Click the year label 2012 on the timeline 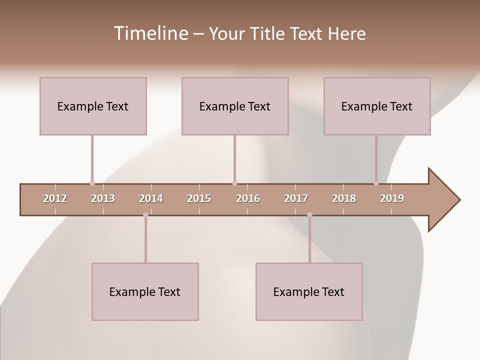coord(55,198)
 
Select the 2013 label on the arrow coord(103,198)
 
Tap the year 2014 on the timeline coord(151,198)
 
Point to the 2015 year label coord(199,198)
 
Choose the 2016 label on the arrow coord(248,198)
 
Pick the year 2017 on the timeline coord(296,198)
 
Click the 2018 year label coord(344,198)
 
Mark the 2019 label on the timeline coord(392,198)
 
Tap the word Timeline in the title coord(150,33)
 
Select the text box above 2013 coord(93,106)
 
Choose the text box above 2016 coord(235,106)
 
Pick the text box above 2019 coord(377,106)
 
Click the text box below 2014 coord(145,291)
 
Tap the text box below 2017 coord(309,291)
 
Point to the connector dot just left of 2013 coord(92,183)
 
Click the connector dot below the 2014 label coord(145,215)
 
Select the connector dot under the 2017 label coord(309,215)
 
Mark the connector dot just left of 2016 coord(234,183)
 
